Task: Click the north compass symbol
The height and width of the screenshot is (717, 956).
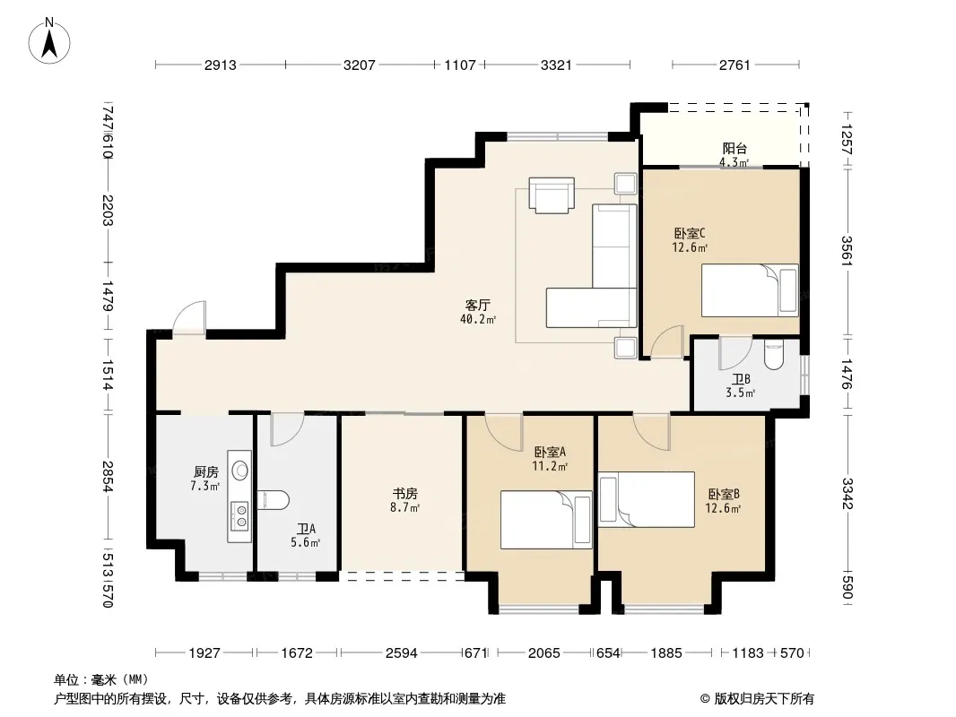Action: [49, 40]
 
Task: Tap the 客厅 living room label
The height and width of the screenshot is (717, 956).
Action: [477, 305]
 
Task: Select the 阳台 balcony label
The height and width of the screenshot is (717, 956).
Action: [734, 148]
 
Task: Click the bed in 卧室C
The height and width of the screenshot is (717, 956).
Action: [750, 290]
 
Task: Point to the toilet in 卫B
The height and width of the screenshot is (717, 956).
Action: [774, 355]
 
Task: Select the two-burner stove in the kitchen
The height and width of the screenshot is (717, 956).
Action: [240, 516]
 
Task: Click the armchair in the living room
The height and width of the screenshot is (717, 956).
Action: [552, 195]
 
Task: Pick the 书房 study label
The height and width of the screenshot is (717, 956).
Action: [404, 493]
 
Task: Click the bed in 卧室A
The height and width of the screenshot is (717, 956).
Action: [546, 520]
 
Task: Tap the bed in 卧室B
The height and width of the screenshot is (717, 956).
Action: [647, 499]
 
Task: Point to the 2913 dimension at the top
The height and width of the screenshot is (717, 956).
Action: [220, 65]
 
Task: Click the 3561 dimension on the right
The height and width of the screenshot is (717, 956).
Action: [847, 250]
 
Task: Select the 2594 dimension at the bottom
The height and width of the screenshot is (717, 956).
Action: [401, 653]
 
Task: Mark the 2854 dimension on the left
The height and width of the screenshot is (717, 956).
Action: [108, 477]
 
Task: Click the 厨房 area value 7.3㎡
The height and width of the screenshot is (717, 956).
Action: [204, 486]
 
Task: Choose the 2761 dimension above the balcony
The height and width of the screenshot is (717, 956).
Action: [734, 65]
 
